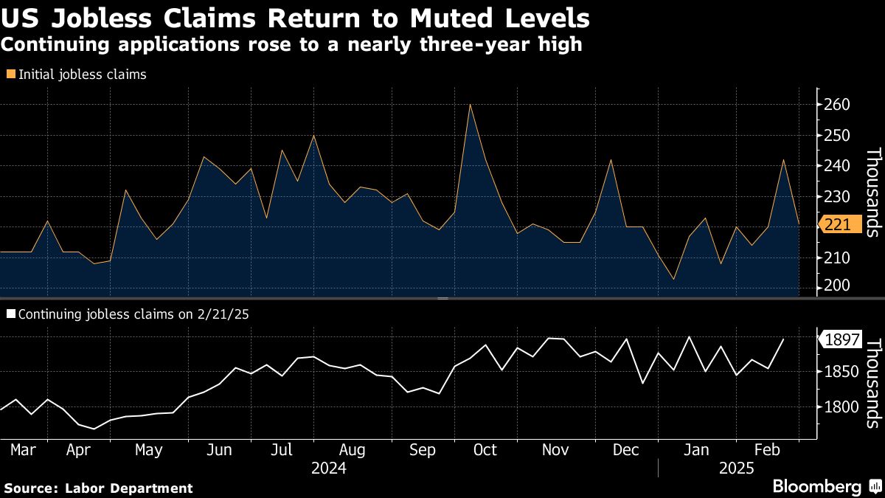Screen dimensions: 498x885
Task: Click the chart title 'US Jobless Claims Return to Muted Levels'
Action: pyautogui.click(x=295, y=17)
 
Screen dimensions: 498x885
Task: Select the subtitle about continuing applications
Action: pyautogui.click(x=292, y=45)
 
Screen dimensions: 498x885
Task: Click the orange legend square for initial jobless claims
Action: pyautogui.click(x=10, y=75)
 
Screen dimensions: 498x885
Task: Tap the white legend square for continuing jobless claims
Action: pyautogui.click(x=10, y=314)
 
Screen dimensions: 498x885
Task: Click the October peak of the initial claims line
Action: pyautogui.click(x=470, y=104)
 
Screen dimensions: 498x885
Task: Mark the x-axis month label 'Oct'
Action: pyautogui.click(x=485, y=450)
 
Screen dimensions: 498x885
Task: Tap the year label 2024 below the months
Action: pyautogui.click(x=329, y=468)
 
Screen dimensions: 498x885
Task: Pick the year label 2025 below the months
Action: pyautogui.click(x=735, y=468)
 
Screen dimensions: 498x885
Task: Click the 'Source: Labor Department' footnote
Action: pyautogui.click(x=98, y=488)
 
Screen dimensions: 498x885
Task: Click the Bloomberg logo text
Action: pyautogui.click(x=816, y=486)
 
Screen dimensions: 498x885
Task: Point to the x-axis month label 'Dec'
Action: pyautogui.click(x=625, y=450)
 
